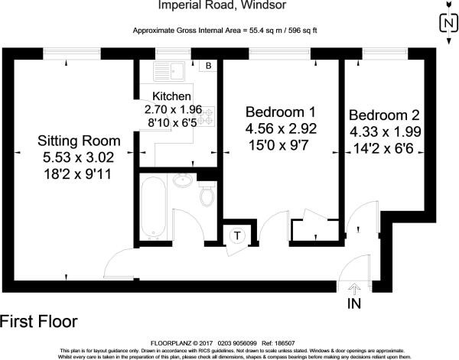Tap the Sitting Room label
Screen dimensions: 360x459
pos(80,141)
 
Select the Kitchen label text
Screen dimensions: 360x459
pos(172,96)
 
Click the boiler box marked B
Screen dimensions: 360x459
pos(207,66)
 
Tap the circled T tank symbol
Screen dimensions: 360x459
pos(237,235)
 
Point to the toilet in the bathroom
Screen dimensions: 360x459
pos(206,196)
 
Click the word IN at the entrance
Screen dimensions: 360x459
pos(355,303)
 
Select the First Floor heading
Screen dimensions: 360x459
pos(38,320)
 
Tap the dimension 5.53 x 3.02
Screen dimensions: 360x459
pos(80,157)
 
